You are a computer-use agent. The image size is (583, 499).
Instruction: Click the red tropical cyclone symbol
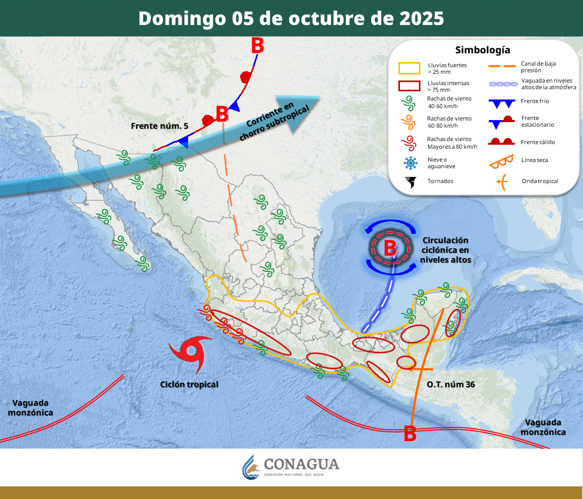pyautogui.click(x=191, y=353)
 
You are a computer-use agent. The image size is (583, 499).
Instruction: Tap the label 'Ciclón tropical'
pyautogui.click(x=189, y=384)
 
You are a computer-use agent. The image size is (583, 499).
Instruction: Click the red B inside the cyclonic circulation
pyautogui.click(x=390, y=248)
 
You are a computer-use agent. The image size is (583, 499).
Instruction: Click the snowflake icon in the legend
pyautogui.click(x=410, y=163)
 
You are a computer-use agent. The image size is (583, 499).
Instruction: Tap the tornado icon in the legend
pyautogui.click(x=410, y=182)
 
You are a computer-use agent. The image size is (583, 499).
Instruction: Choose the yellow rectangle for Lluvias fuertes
pyautogui.click(x=409, y=68)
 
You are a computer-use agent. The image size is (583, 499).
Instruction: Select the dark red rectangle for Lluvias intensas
pyautogui.click(x=409, y=86)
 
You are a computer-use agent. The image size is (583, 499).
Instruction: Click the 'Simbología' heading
pyautogui.click(x=483, y=50)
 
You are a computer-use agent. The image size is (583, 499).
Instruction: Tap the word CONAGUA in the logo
pyautogui.click(x=301, y=464)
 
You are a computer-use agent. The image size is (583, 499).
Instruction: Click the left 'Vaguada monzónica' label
pyautogui.click(x=30, y=408)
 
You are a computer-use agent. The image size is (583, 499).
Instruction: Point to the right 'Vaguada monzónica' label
pyautogui.click(x=544, y=427)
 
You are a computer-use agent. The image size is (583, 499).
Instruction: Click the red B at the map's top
pyautogui.click(x=257, y=46)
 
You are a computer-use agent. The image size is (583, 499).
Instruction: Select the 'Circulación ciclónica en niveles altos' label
pyautogui.click(x=446, y=250)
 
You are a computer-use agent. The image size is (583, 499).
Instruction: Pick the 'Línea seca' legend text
pyautogui.click(x=535, y=160)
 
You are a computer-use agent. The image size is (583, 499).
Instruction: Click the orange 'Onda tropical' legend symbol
pyautogui.click(x=502, y=181)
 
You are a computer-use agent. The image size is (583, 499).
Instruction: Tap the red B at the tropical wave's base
pyautogui.click(x=410, y=434)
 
